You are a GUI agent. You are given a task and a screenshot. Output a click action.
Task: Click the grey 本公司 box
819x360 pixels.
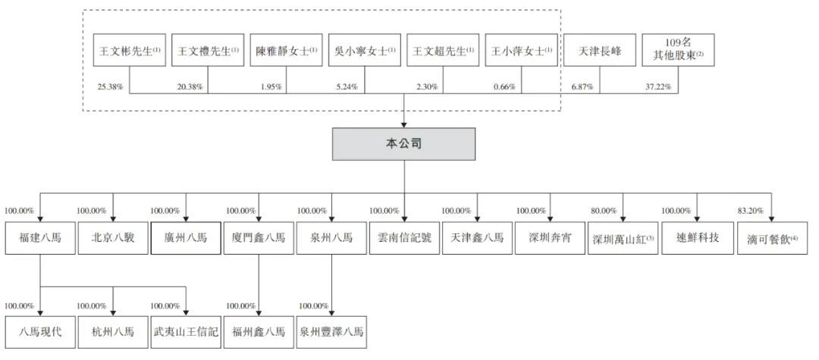pos(403,144)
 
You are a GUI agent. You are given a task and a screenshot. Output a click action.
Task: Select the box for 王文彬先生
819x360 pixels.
pos(130,50)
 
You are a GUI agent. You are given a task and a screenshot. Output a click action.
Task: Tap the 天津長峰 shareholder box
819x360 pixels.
pos(600,50)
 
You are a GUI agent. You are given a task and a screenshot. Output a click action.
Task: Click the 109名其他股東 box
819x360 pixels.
pos(678,50)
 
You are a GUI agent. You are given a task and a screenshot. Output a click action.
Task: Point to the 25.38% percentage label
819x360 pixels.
pos(110,87)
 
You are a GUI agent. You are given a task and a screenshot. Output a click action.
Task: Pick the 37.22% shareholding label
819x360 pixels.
pos(658,87)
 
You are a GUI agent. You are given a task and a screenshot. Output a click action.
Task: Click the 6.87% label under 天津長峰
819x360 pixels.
pos(582,87)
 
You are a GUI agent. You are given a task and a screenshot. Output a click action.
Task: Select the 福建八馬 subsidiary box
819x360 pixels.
pos(40,238)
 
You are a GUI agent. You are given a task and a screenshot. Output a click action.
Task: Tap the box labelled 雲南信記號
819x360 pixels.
pos(404,238)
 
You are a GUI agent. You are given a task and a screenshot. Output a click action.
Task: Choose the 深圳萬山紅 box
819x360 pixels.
pos(623,238)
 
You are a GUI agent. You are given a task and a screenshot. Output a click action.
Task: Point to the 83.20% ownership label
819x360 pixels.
pos(751,211)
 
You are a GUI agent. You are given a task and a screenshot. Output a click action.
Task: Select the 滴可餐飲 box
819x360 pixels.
pos(773,238)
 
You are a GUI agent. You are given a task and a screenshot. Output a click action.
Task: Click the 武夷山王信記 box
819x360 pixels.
pos(186,333)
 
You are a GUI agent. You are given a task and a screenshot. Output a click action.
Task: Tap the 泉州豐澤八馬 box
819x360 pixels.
pos(331,333)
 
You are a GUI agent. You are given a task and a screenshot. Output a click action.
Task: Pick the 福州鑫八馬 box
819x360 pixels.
pos(259,333)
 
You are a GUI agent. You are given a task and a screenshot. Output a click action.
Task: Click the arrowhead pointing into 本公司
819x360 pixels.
pos(403,125)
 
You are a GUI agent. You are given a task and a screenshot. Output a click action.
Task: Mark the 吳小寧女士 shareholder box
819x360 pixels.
pos(365,50)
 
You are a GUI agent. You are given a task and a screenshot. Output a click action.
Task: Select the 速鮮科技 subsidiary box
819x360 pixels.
pos(696,238)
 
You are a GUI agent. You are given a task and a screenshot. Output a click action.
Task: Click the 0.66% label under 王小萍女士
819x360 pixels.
pos(504,87)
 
